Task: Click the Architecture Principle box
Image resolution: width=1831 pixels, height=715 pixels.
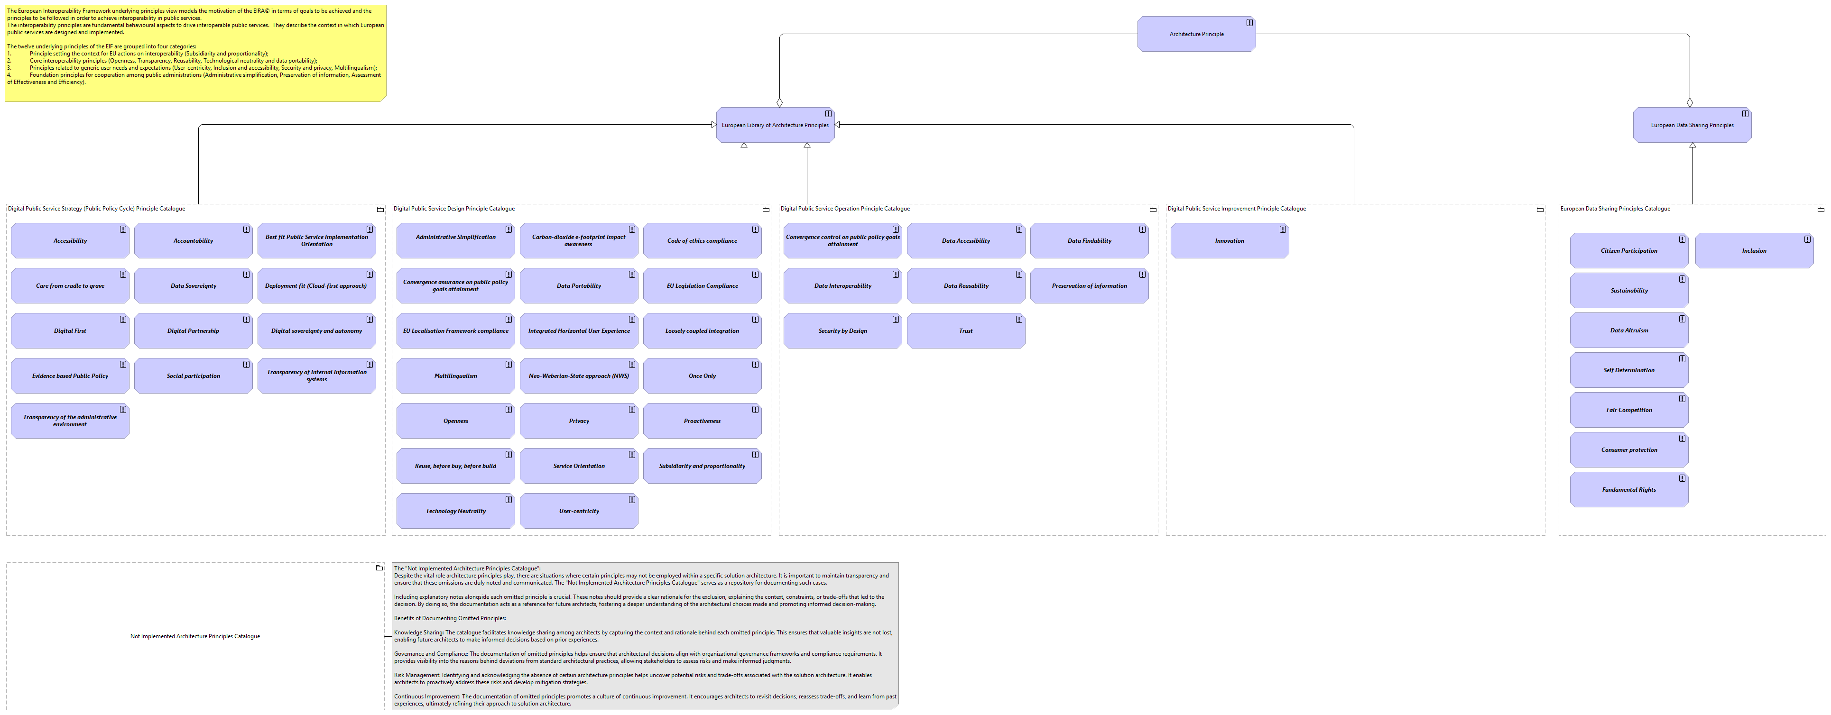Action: pos(1196,34)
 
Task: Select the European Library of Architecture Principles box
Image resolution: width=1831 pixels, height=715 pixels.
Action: pos(775,125)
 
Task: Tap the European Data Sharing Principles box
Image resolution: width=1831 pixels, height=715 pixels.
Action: pos(1692,125)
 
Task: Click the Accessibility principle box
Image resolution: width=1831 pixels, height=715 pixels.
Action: pos(70,241)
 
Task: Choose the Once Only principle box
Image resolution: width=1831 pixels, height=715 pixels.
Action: pos(702,376)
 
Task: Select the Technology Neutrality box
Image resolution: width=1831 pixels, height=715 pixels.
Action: pos(456,511)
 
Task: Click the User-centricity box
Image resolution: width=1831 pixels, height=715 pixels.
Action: pos(579,511)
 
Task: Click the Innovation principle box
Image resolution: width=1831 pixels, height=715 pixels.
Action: pos(1230,241)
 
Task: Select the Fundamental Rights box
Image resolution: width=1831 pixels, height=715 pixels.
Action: pos(1629,490)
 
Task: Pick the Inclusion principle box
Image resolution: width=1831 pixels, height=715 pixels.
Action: pos(1754,251)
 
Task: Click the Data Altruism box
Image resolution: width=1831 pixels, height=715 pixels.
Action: pos(1629,330)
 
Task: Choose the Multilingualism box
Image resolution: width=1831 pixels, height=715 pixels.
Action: pos(456,376)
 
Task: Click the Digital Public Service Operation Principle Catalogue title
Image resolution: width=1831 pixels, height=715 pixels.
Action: pos(845,209)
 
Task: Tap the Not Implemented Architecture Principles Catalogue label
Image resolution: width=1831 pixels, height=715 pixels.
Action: pos(195,637)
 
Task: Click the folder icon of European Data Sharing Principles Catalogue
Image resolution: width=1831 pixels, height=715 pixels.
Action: pos(1821,210)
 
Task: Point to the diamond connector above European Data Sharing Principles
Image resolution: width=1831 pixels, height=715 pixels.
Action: pos(1690,103)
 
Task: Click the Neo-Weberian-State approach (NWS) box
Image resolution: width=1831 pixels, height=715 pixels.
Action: pos(579,376)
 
